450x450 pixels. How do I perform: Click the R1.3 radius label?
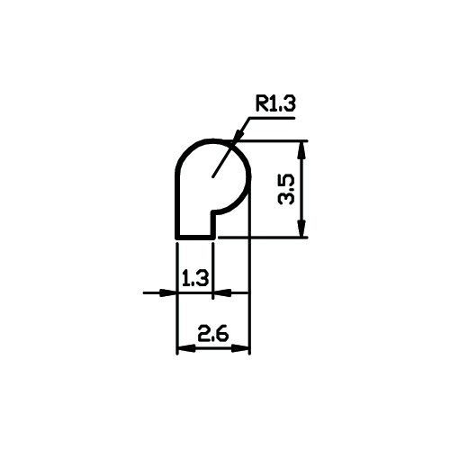(275, 103)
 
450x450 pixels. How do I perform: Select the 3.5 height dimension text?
(286, 190)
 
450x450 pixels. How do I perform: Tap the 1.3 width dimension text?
(195, 278)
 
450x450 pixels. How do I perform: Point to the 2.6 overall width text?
(213, 333)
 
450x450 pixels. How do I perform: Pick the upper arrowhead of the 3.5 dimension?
(302, 150)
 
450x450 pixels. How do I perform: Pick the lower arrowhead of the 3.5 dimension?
(302, 228)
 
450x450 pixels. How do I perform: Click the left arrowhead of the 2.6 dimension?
(186, 348)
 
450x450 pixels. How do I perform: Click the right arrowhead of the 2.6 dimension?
(240, 348)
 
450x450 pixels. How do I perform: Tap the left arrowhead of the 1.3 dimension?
(168, 292)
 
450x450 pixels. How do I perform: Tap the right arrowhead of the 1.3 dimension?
(222, 292)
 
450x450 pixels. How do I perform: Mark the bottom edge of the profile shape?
(195, 238)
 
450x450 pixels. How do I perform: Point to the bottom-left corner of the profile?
(177, 238)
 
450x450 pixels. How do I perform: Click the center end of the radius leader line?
(213, 176)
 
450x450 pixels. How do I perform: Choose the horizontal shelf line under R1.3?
(272, 118)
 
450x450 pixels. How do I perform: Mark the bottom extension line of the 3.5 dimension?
(263, 238)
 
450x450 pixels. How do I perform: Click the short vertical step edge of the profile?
(213, 224)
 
